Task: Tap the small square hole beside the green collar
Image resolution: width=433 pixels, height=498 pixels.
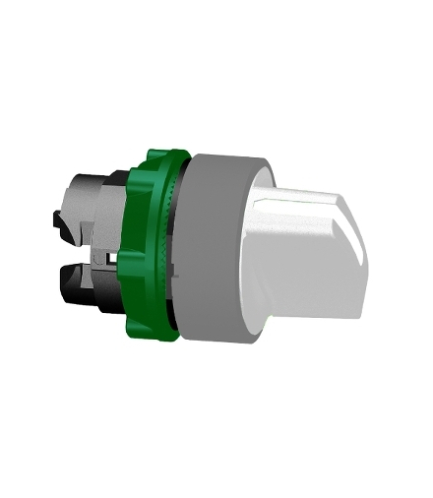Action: (117, 258)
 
